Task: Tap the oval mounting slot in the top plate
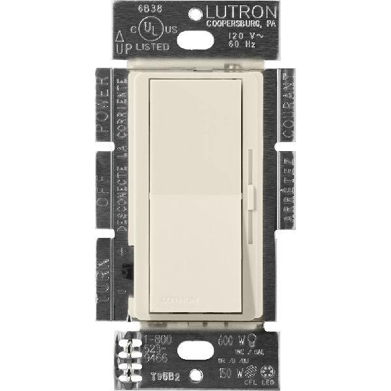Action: (195, 40)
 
